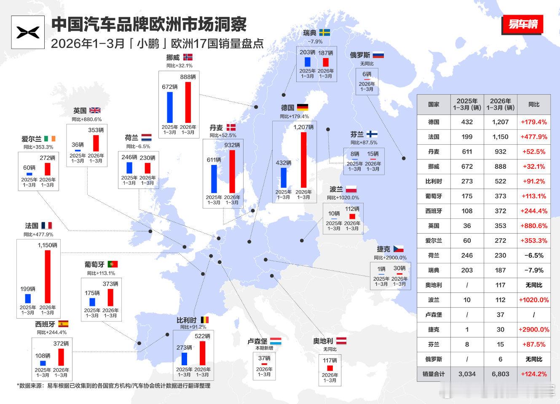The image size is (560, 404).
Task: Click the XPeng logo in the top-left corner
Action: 27,32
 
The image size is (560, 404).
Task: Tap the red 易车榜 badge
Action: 522,25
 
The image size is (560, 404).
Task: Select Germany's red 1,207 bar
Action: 303,159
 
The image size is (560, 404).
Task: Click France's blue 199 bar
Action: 28,298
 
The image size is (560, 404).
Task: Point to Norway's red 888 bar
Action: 188,102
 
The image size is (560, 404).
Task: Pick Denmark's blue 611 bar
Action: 214,178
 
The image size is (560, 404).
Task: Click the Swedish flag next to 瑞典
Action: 324,32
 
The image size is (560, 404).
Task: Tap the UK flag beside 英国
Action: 95,111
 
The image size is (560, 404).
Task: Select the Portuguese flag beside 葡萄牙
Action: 113,264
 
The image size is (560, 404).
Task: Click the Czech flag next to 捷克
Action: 398,249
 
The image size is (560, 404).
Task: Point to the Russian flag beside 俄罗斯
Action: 378,55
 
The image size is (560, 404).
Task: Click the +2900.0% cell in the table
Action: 534,330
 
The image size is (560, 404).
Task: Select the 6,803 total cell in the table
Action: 500,374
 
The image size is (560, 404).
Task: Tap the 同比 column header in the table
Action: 534,104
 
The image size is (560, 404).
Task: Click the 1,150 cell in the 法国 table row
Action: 500,137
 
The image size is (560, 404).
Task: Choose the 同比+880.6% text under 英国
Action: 86,120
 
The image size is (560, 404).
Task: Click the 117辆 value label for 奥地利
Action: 330,360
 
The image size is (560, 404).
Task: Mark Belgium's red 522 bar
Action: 202,353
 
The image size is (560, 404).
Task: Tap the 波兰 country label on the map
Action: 336,189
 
